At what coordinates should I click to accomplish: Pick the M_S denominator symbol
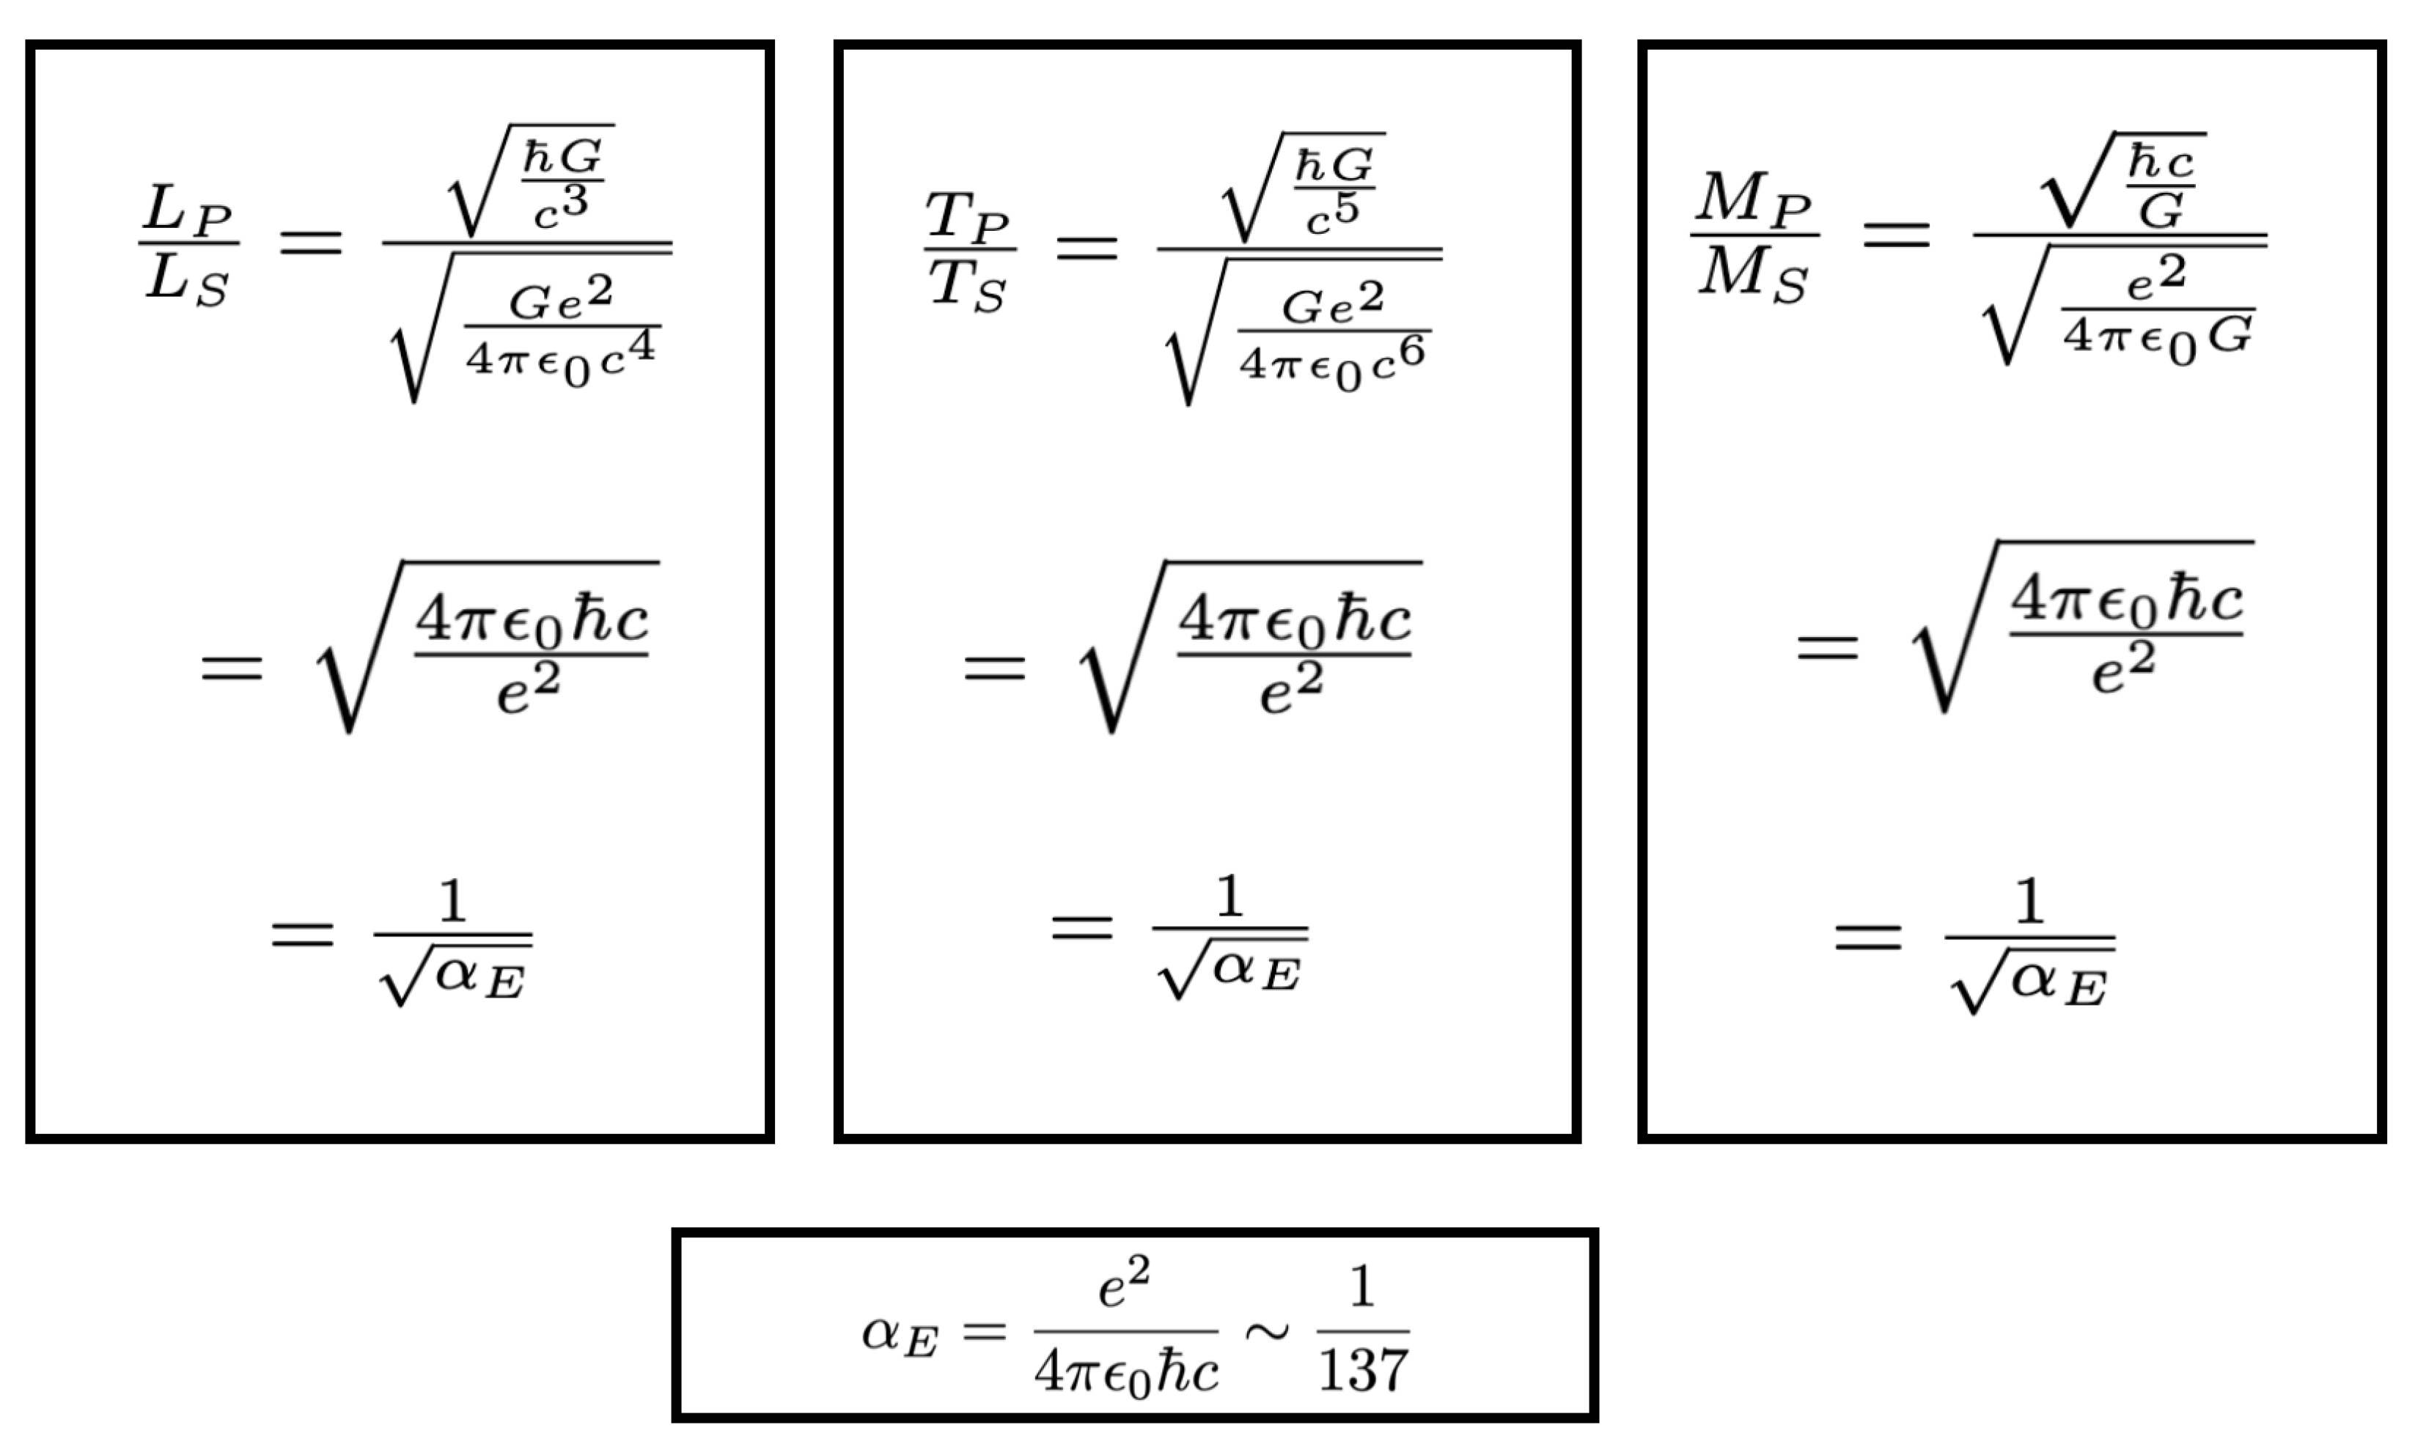[x=1753, y=275]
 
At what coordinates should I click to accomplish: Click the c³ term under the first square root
[x=562, y=207]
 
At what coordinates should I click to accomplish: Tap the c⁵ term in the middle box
[x=1334, y=215]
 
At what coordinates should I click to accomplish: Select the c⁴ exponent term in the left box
[x=628, y=353]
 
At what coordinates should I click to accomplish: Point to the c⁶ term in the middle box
[x=1397, y=357]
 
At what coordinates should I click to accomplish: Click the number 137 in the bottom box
[x=1362, y=1370]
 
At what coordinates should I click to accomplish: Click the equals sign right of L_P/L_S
[x=311, y=242]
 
